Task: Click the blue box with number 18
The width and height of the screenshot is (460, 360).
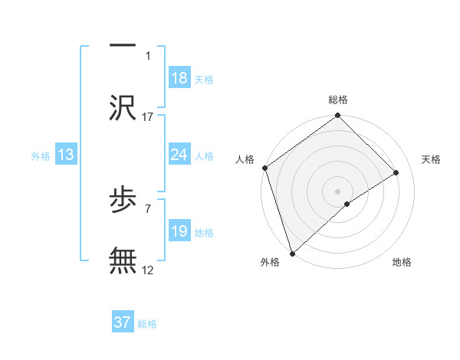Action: tap(179, 78)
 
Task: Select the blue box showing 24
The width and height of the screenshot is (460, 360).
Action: tap(179, 155)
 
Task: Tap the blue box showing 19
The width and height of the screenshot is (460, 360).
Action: tap(179, 231)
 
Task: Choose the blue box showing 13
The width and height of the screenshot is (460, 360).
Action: tap(66, 155)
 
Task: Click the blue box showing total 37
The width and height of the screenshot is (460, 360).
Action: tap(123, 322)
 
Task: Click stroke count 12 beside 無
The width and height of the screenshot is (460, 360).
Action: tap(148, 270)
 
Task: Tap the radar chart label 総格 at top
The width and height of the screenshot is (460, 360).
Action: tap(338, 100)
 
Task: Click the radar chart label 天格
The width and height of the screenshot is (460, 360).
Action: tap(432, 159)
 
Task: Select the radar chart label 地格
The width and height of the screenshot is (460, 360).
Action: tap(402, 262)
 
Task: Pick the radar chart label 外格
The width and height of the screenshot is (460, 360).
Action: tap(270, 262)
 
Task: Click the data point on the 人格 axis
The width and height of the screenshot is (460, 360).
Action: tap(264, 168)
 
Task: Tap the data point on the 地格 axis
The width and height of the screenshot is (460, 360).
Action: tap(347, 204)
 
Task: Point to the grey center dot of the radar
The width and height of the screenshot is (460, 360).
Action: tap(337, 191)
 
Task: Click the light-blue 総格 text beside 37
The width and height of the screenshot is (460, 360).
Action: tap(147, 324)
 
